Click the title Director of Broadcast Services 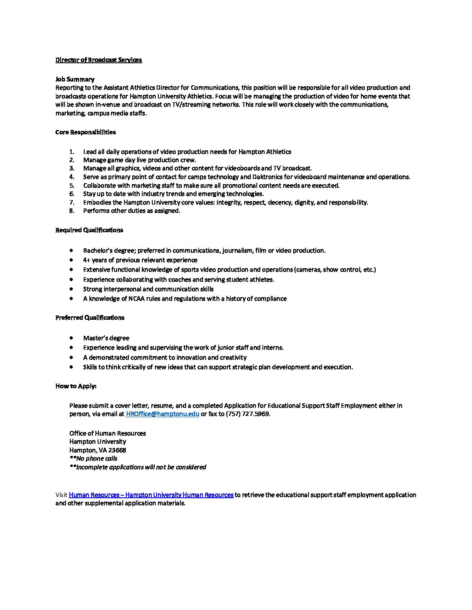[x=98, y=60]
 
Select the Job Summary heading [x=75, y=79]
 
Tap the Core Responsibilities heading [x=85, y=132]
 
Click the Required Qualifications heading [x=89, y=230]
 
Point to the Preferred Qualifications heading [x=90, y=318]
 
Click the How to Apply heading [x=76, y=386]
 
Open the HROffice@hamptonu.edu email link [x=163, y=414]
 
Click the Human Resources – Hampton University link [x=151, y=495]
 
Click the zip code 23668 [x=117, y=450]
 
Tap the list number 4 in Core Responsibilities [x=72, y=177]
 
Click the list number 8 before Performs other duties [x=72, y=211]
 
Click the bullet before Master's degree [x=71, y=338]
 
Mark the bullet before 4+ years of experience [x=71, y=260]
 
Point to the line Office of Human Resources [x=108, y=433]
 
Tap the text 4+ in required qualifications [x=86, y=260]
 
